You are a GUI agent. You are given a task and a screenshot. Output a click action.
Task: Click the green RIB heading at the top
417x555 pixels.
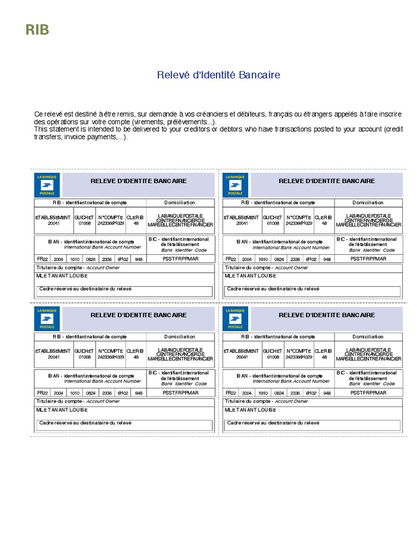click(37, 30)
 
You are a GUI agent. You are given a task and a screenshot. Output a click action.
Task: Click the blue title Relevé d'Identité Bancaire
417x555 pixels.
click(218, 75)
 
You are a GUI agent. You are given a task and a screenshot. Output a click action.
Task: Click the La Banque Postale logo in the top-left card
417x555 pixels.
click(47, 185)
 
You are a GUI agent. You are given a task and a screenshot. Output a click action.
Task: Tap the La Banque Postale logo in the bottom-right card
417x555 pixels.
click(236, 319)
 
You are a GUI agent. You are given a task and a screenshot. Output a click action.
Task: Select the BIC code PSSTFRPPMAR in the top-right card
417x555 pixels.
click(368, 259)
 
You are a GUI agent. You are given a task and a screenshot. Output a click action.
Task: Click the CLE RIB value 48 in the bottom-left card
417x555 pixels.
click(136, 357)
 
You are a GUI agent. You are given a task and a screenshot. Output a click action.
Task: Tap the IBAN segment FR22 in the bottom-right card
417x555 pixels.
click(231, 393)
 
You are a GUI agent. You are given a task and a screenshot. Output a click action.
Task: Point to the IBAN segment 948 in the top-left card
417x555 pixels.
click(138, 259)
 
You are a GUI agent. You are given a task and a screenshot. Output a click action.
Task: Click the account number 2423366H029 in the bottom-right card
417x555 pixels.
click(299, 357)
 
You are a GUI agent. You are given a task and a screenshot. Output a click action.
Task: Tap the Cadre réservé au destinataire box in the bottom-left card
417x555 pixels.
click(125, 425)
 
